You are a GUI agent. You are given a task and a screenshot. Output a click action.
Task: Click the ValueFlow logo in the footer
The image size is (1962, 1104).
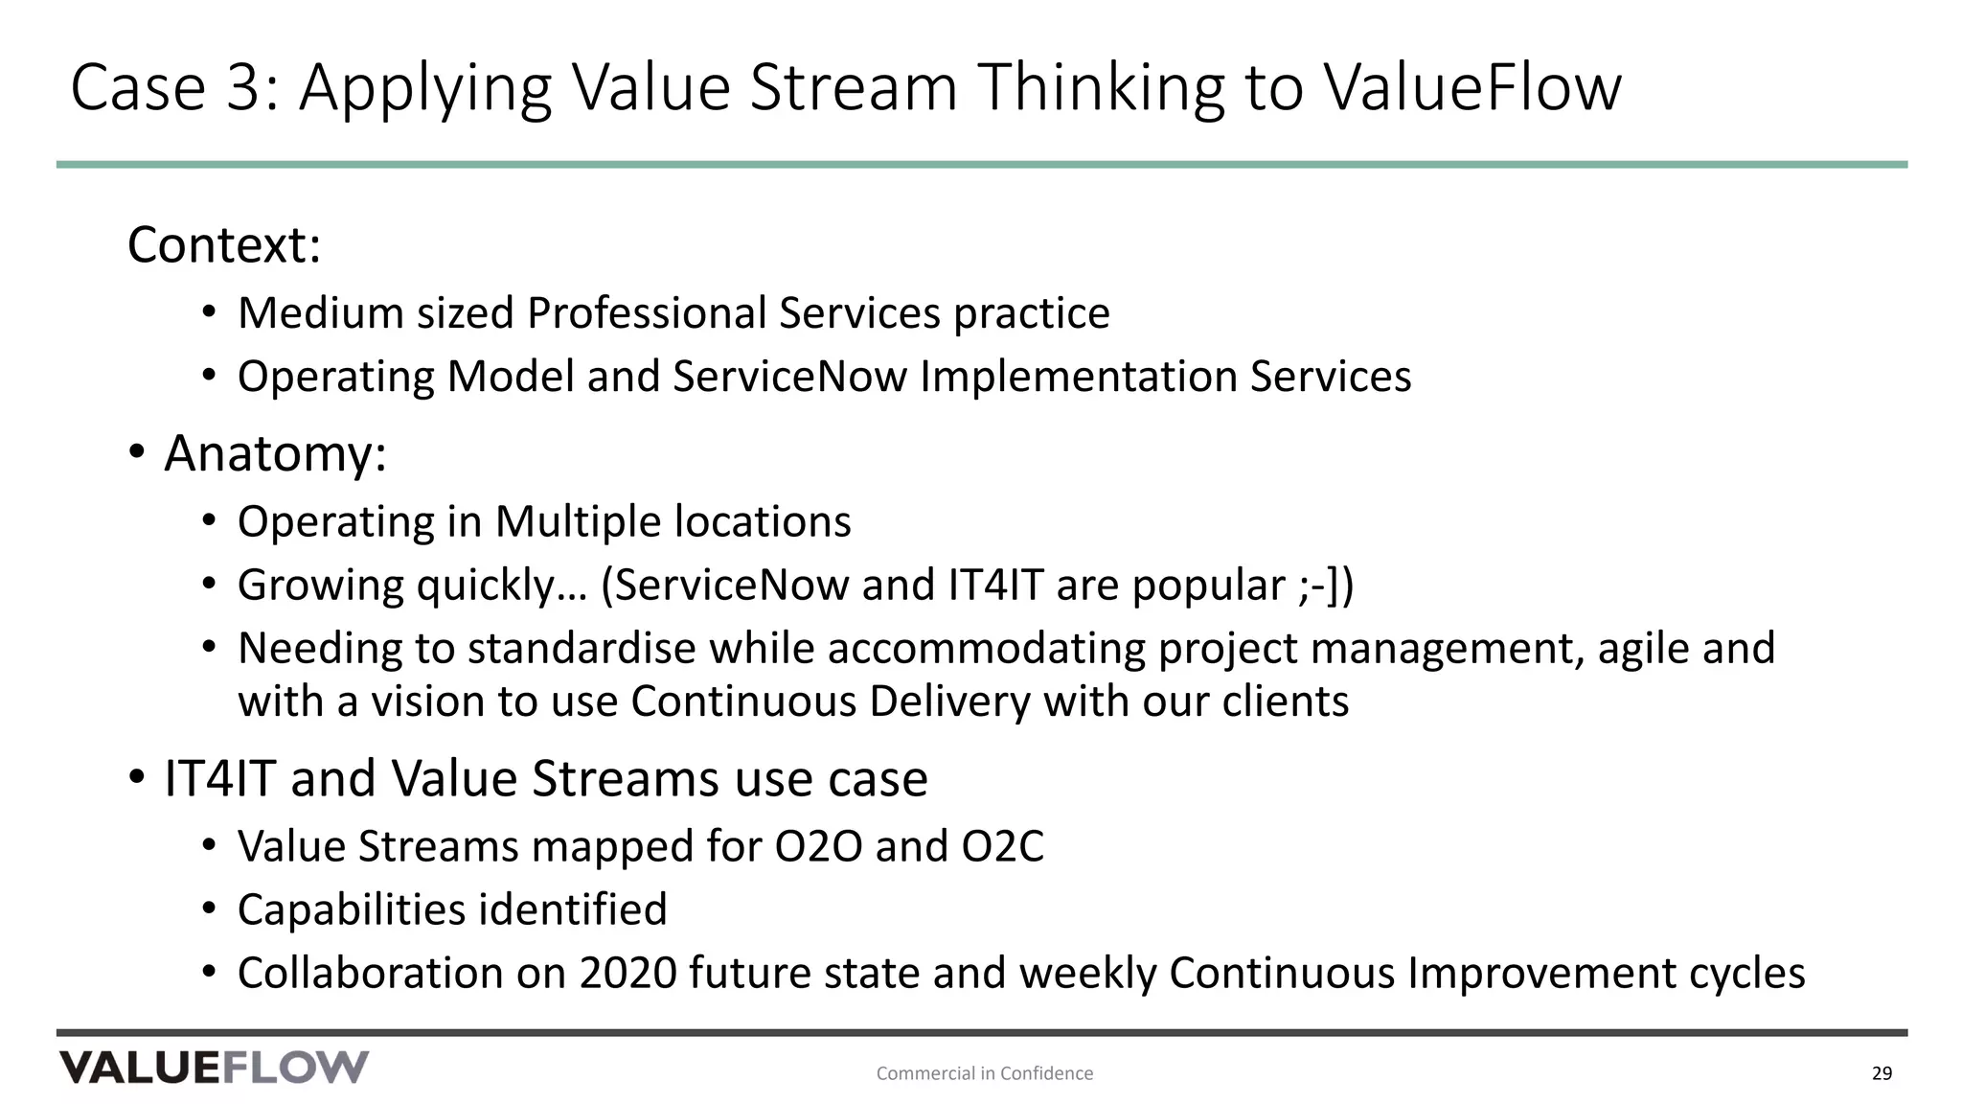[x=214, y=1067]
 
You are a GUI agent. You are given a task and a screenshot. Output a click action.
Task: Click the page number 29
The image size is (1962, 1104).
[x=1882, y=1073]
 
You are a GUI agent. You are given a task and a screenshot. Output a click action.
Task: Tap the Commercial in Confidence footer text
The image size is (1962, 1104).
[x=984, y=1073]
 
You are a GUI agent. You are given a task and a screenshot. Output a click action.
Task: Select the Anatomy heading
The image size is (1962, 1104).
[x=275, y=453]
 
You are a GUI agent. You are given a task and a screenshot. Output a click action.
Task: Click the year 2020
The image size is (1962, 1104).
[x=627, y=974]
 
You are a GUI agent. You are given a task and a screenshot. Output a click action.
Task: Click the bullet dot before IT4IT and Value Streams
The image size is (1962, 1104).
[x=137, y=776]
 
